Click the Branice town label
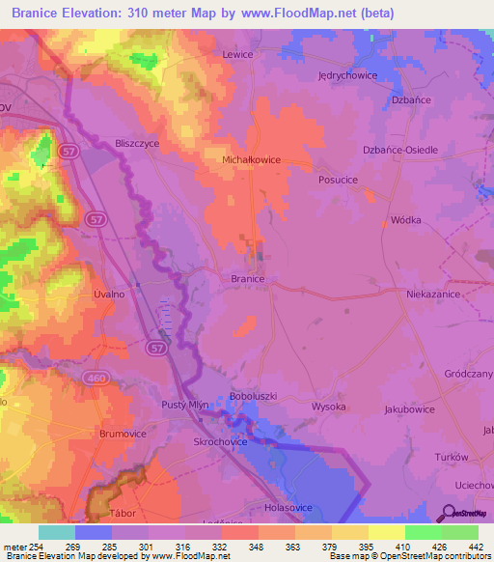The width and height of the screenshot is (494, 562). [248, 278]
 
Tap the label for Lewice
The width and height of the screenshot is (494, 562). [237, 55]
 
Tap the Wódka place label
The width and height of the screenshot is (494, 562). [405, 220]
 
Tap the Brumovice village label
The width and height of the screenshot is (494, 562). [123, 435]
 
